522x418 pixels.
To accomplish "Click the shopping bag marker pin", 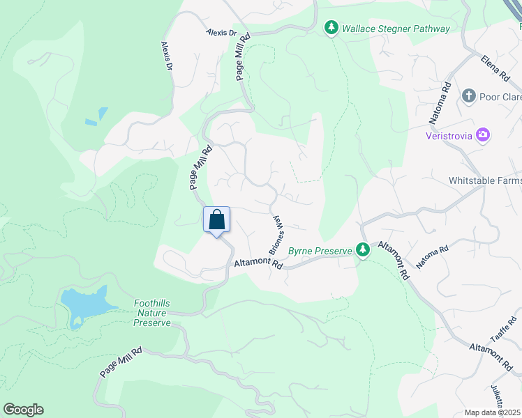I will pyautogui.click(x=216, y=220).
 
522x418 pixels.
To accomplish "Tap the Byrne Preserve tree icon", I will pyautogui.click(x=362, y=249).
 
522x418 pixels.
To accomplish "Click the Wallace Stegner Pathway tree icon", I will pyautogui.click(x=331, y=29).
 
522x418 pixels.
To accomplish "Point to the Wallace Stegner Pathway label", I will pyautogui.click(x=396, y=29).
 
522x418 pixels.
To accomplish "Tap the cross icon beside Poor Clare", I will pyautogui.click(x=468, y=96).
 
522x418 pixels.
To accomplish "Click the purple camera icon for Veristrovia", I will pyautogui.click(x=482, y=135).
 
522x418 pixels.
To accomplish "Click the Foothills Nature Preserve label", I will pyautogui.click(x=152, y=313).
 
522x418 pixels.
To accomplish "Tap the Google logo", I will pyautogui.click(x=24, y=410).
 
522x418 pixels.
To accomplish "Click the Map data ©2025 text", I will pyautogui.click(x=492, y=412).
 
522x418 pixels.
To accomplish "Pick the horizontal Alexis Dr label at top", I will pyautogui.click(x=222, y=33).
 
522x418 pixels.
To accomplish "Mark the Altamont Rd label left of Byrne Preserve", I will pyautogui.click(x=258, y=265).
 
